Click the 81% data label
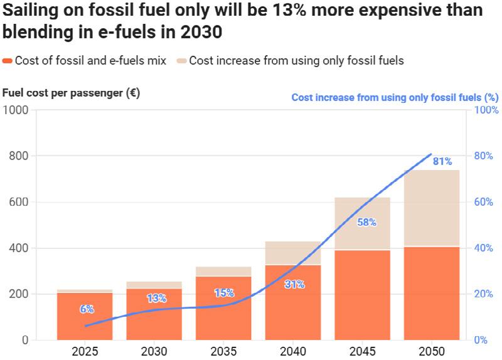442,162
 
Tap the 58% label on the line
366,222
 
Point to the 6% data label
87,309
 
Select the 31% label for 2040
294,284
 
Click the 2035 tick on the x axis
223,351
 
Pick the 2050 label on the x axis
432,351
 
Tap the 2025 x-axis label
85,351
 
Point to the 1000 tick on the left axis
17,110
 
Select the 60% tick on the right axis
484,202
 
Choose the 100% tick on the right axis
485,110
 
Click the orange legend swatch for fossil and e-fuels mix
8,61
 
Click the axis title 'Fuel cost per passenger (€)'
71,93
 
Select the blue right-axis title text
395,97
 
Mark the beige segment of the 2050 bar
432,208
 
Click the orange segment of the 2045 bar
362,295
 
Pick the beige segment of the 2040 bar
293,253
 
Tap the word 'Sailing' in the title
27,11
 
